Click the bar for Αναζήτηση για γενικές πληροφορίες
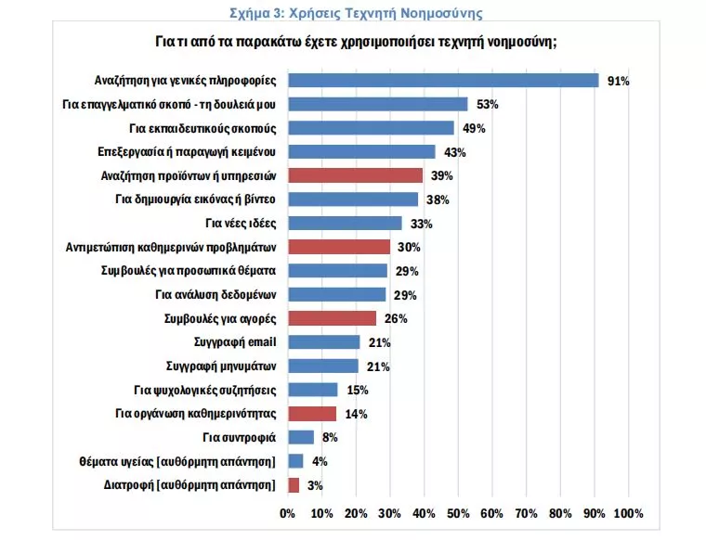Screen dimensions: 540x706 click(x=443, y=80)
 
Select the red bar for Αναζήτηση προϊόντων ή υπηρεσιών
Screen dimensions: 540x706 click(x=355, y=175)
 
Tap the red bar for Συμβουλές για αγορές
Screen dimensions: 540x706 click(x=333, y=318)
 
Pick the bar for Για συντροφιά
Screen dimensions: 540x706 click(x=301, y=437)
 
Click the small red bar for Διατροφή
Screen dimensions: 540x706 click(x=294, y=484)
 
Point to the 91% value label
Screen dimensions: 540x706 click(x=618, y=81)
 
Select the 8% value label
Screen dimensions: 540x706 click(x=330, y=437)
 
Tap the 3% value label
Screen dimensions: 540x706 click(x=314, y=484)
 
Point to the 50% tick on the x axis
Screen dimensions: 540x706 click(x=458, y=513)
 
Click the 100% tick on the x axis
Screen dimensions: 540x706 click(x=628, y=513)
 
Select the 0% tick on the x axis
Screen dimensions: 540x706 click(x=288, y=513)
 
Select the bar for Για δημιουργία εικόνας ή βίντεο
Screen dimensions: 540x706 click(x=353, y=199)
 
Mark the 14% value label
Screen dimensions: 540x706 click(x=357, y=414)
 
